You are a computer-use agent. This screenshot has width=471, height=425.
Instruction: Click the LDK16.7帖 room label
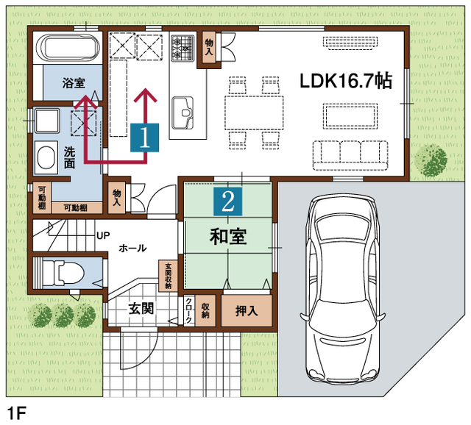click(x=346, y=81)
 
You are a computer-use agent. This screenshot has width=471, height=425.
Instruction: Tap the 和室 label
click(x=228, y=237)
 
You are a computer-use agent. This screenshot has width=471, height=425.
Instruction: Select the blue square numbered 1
click(x=144, y=137)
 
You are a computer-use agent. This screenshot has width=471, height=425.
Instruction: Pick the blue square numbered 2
click(x=227, y=201)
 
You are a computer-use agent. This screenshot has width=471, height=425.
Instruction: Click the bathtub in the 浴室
click(x=68, y=47)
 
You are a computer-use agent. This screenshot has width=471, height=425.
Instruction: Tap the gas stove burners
click(x=183, y=48)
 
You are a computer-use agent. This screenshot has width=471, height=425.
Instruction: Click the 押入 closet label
click(x=247, y=311)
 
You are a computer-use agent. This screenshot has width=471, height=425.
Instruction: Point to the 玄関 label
click(x=141, y=308)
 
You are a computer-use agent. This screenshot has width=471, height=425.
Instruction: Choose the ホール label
click(x=132, y=249)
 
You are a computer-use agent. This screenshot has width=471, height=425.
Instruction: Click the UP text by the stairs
click(x=103, y=235)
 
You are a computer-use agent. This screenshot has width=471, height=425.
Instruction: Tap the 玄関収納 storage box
click(x=168, y=276)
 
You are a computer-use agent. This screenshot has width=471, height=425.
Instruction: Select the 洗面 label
click(x=69, y=157)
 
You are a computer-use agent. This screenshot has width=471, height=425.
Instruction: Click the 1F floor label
click(x=16, y=413)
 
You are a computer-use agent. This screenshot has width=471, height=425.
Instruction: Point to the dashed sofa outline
click(x=350, y=155)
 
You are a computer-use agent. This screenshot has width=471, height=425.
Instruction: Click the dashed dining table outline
click(x=254, y=113)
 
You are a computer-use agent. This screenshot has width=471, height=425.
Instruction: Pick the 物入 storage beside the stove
click(x=209, y=48)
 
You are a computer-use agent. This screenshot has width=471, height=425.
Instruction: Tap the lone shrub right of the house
click(x=431, y=160)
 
